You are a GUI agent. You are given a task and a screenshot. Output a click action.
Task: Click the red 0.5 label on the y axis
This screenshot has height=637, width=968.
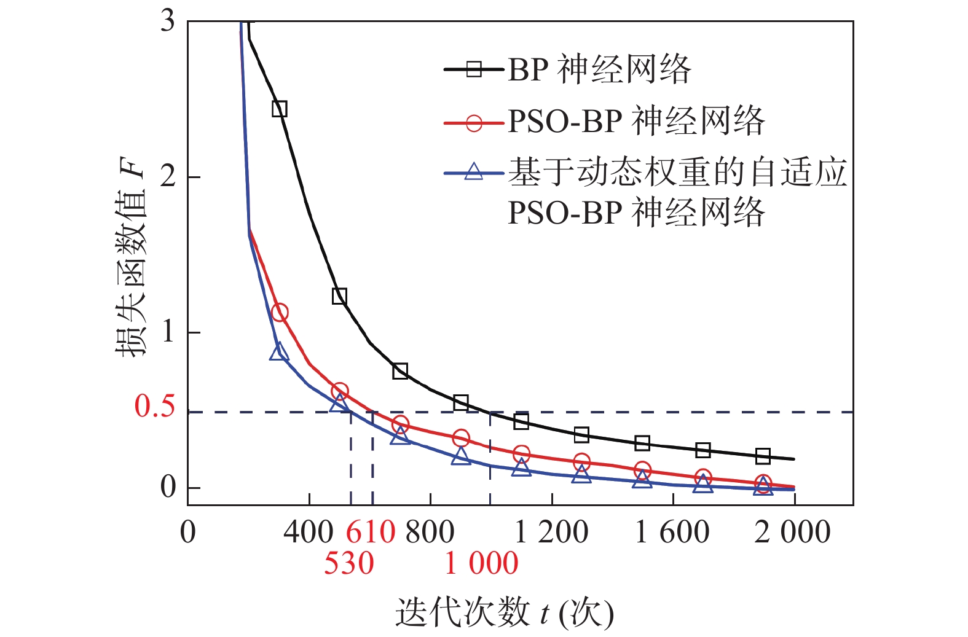[x=154, y=407]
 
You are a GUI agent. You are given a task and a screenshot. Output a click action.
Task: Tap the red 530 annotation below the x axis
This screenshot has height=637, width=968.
[x=348, y=563]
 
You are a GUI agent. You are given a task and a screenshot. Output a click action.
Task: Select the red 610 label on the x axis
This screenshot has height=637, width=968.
[x=370, y=532]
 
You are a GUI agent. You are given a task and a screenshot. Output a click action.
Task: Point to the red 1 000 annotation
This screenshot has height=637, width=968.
[x=481, y=563]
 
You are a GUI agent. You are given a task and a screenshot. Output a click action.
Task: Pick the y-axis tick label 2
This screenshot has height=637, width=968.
[x=168, y=177]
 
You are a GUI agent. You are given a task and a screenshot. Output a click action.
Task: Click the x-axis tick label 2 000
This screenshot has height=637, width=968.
[x=792, y=532]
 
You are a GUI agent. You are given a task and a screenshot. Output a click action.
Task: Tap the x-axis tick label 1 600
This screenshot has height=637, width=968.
[x=672, y=532]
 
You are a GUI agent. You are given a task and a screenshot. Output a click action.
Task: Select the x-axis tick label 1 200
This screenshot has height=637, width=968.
[x=551, y=532]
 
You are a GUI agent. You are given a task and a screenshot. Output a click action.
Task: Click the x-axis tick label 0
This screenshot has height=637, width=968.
[x=188, y=532]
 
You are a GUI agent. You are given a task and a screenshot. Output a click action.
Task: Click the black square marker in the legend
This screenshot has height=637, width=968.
[x=474, y=69]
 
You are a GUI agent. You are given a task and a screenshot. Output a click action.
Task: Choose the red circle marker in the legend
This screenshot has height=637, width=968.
[x=474, y=122]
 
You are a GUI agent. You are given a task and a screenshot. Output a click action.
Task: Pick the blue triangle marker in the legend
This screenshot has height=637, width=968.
[x=474, y=171]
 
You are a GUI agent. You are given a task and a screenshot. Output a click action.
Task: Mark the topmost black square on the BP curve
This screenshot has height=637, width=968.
[x=279, y=109]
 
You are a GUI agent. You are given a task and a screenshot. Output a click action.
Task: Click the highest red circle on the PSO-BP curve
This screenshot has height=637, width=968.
[x=279, y=313]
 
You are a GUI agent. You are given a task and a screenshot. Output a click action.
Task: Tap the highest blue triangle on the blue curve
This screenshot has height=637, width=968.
[x=279, y=352]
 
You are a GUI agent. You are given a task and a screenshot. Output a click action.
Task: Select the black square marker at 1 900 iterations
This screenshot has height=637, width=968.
[x=763, y=456]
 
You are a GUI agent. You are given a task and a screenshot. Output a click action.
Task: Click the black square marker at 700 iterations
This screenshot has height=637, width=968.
[x=400, y=370]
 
